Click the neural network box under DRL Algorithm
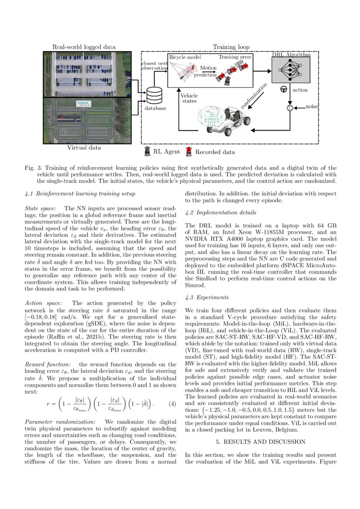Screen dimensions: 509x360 (291, 69)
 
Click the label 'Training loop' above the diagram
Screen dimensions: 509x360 (231, 47)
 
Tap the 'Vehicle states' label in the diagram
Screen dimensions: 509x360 (188, 99)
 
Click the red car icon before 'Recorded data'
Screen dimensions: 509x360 (189, 152)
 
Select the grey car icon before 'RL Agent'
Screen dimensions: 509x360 (147, 152)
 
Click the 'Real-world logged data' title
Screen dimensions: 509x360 (84, 47)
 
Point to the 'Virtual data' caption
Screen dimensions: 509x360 (84, 148)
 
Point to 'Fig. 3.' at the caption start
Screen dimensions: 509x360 (33, 167)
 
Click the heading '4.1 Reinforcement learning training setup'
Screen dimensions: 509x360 (80, 193)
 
